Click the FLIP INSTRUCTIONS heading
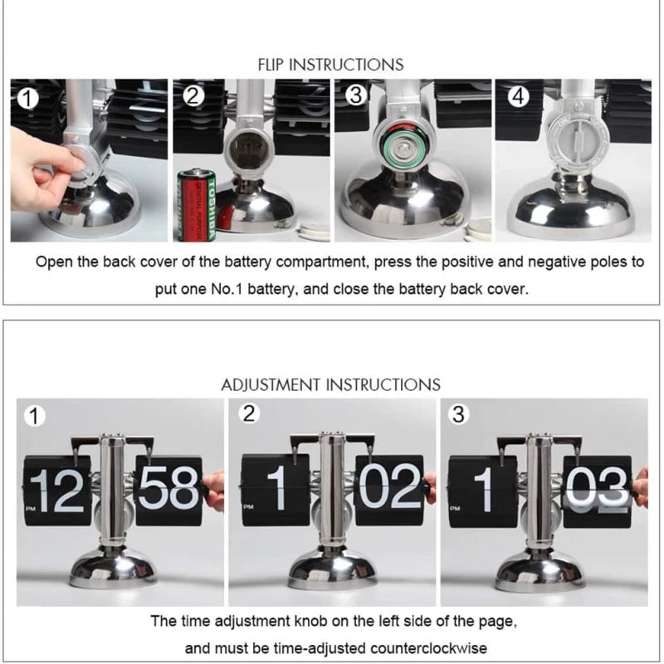(330, 64)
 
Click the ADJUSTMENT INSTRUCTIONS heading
(330, 384)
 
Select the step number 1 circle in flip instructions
(28, 98)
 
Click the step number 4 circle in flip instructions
(518, 97)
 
